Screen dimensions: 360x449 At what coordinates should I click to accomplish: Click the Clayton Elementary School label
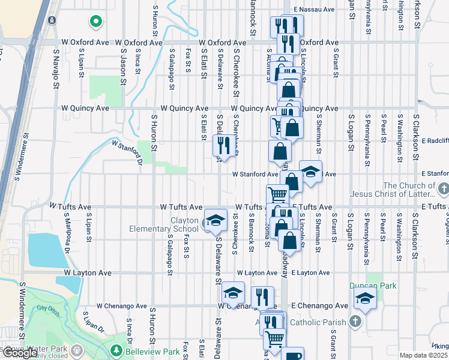pyautogui.click(x=164, y=224)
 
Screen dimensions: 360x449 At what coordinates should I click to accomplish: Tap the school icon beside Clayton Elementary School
pyautogui.click(x=215, y=220)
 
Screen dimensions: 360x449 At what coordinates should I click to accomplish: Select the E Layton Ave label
pyautogui.click(x=310, y=272)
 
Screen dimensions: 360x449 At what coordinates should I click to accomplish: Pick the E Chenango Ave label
pyautogui.click(x=319, y=306)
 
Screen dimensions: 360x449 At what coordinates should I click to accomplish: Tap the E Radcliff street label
pyautogui.click(x=435, y=140)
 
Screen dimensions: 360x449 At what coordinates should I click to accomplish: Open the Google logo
pyautogui.click(x=20, y=353)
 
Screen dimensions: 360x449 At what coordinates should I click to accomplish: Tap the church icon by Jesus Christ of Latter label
pyautogui.click(x=443, y=190)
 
